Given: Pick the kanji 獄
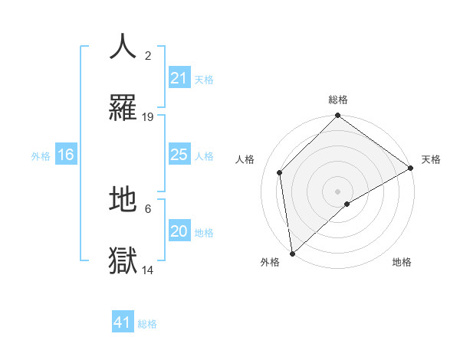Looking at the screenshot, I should click(x=123, y=260).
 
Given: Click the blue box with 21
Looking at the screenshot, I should click(x=179, y=78).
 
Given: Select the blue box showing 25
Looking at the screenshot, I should click(x=179, y=155).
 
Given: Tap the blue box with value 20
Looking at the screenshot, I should click(x=179, y=231).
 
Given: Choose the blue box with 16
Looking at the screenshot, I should click(x=66, y=155).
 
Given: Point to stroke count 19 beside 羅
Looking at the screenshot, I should click(x=148, y=117).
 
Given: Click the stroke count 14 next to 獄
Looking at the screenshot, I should click(x=148, y=270).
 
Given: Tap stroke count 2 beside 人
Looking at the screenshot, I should click(x=148, y=56).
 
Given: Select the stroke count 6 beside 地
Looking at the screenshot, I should click(x=148, y=208).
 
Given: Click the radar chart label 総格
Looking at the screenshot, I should click(x=338, y=100).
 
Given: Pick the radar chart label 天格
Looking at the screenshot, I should click(x=431, y=159).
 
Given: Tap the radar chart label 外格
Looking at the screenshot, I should click(x=270, y=262).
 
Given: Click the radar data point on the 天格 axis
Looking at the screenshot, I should click(x=411, y=168).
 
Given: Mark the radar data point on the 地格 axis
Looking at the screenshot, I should click(x=347, y=204).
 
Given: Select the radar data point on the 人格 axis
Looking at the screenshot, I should click(x=280, y=172).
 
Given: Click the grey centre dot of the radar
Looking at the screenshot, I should click(x=338, y=191).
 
